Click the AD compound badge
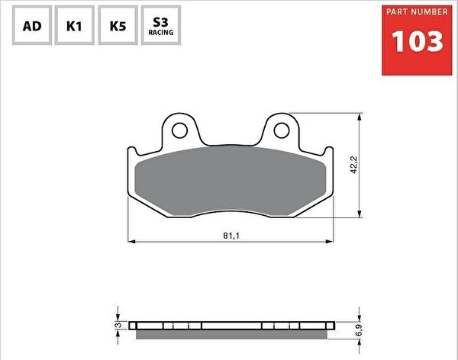coord(32,26)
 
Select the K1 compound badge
coord(75,26)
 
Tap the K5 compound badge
coord(118,26)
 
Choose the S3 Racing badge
coord(161,26)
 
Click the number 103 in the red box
coord(417,41)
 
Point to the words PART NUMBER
coord(417,13)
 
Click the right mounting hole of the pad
coord(282,130)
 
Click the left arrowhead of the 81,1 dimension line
coord(131,242)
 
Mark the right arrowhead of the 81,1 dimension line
coord(331,242)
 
